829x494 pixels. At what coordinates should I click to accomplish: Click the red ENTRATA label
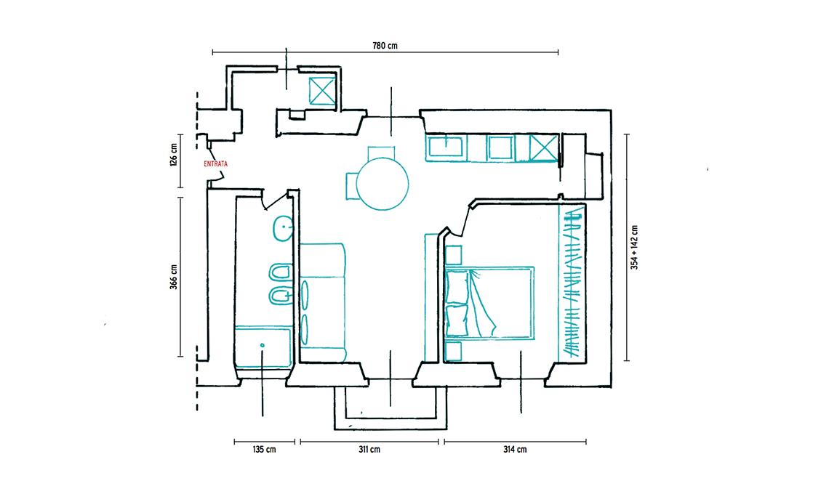(216, 163)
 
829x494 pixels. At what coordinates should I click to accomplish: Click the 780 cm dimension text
(385, 46)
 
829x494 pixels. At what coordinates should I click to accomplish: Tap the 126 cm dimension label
(173, 155)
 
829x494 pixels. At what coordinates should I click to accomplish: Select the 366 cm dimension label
(173, 277)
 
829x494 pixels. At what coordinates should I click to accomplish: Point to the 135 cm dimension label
(265, 450)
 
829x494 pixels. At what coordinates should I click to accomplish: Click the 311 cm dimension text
(369, 450)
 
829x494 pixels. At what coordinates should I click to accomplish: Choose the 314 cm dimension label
(515, 450)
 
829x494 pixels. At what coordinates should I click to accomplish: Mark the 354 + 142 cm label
(634, 247)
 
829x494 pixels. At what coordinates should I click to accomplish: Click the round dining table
(383, 184)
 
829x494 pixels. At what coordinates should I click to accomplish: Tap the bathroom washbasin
(284, 228)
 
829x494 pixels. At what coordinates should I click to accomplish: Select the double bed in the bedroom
(489, 302)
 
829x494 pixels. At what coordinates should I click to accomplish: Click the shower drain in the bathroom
(263, 346)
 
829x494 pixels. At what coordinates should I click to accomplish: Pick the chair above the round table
(381, 153)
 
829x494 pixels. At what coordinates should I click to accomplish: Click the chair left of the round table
(352, 186)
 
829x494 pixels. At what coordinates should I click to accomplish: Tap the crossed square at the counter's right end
(543, 147)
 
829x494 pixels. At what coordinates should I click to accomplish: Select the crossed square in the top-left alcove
(322, 92)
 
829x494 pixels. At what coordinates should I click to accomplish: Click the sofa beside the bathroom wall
(322, 302)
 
